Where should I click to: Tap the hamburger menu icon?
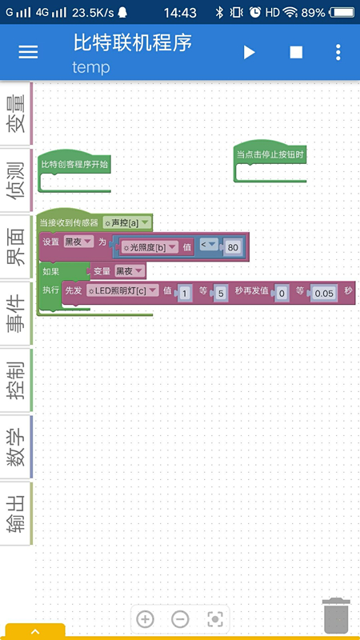pyautogui.click(x=28, y=52)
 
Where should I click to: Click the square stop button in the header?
pyautogui.click(x=296, y=52)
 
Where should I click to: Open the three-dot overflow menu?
pyautogui.click(x=338, y=52)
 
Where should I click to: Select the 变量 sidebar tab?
pyautogui.click(x=16, y=114)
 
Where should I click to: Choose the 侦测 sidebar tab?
pyautogui.click(x=16, y=180)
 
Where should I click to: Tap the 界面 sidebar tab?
pyautogui.click(x=16, y=246)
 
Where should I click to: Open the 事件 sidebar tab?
pyautogui.click(x=16, y=314)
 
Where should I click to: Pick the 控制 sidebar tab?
pyautogui.click(x=16, y=380)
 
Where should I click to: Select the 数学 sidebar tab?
pyautogui.click(x=16, y=446)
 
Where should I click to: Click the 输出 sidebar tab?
pyautogui.click(x=16, y=514)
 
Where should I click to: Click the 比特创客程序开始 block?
pyautogui.click(x=74, y=165)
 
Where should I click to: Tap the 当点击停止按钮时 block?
pyautogui.click(x=270, y=154)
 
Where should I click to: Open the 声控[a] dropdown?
pyautogui.click(x=127, y=223)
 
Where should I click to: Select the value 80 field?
pyautogui.click(x=233, y=247)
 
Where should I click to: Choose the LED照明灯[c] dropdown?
pyautogui.click(x=122, y=290)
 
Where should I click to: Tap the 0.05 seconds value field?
pyautogui.click(x=324, y=294)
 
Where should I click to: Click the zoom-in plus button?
pyautogui.click(x=145, y=619)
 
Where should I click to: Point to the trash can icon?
pyautogui.click(x=336, y=615)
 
